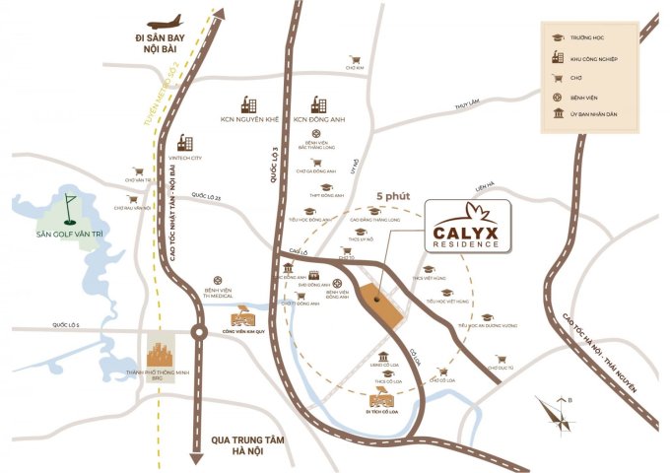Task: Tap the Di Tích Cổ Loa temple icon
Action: coord(379,399)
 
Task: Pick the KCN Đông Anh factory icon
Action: coord(318,102)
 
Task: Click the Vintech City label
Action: coord(183,157)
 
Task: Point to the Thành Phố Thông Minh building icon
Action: coord(162,354)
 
